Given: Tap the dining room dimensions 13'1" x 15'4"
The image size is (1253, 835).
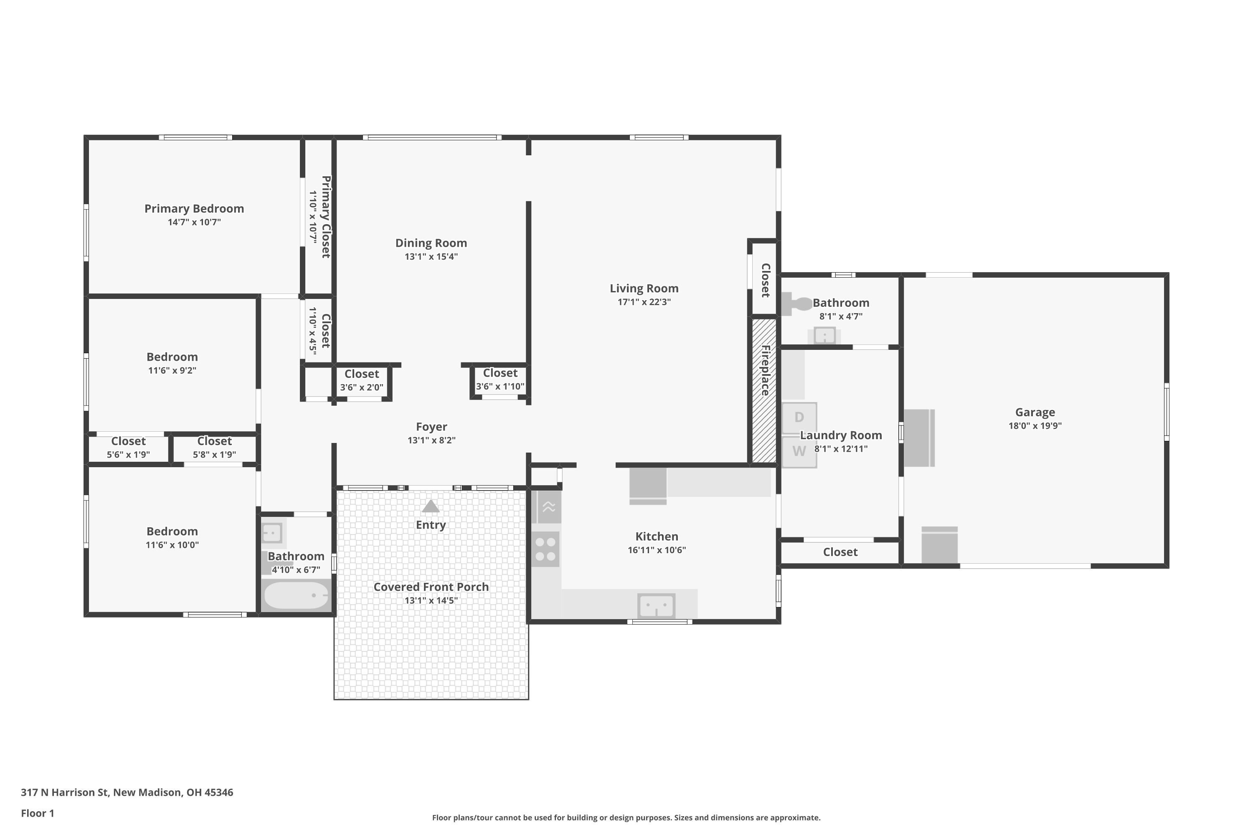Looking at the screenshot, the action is coord(431,257).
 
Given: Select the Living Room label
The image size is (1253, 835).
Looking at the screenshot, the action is coord(644,288).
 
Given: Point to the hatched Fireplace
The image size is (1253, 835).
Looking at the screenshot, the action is coord(764,390).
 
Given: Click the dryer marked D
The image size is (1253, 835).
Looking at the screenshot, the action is coord(799,418).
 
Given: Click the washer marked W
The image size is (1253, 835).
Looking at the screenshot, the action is coord(799,452).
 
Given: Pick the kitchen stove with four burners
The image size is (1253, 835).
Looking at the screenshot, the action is coord(545,549).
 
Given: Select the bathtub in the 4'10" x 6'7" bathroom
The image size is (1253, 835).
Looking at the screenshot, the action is coord(296,595).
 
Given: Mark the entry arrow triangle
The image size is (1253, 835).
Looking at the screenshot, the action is coord(431,506).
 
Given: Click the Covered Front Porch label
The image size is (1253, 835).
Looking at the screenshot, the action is coord(431,587).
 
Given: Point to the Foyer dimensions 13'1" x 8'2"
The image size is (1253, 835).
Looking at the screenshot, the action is coord(431,440).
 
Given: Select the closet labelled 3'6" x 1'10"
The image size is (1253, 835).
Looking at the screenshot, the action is coord(500,380).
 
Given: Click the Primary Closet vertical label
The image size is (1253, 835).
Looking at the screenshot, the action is coord(326,217).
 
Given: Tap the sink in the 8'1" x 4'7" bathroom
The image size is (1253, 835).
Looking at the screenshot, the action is coord(824,336).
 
